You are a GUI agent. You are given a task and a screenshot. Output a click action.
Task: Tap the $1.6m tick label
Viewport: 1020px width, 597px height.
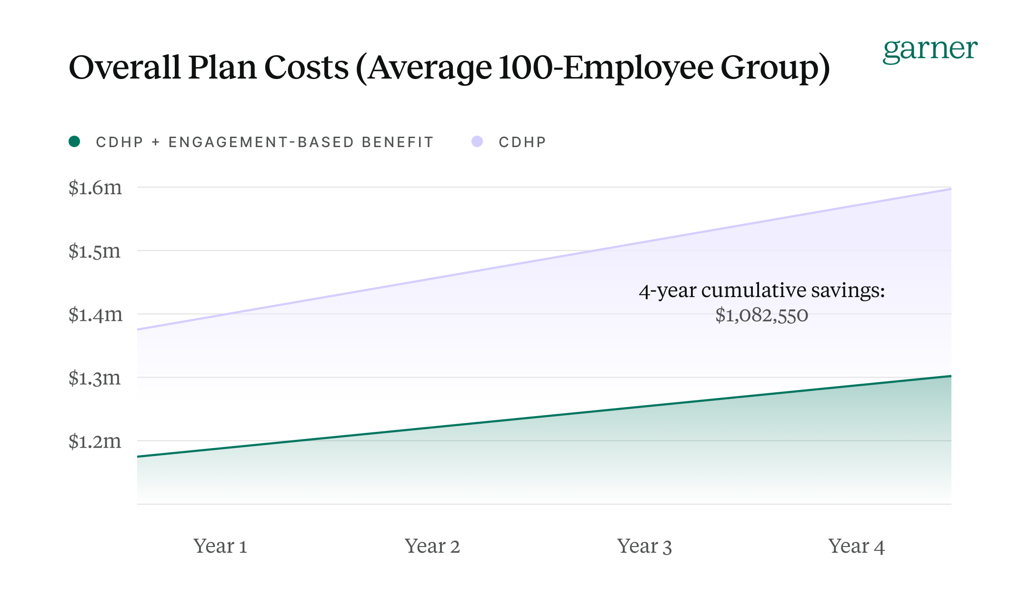95,188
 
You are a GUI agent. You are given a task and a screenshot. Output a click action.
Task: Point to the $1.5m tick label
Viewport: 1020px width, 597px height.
94,251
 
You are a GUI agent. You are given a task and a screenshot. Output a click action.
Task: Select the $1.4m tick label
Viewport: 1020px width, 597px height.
95,314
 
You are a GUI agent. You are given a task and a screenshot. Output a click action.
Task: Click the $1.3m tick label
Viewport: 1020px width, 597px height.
94,378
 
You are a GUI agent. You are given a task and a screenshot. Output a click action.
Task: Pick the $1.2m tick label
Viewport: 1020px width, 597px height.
95,441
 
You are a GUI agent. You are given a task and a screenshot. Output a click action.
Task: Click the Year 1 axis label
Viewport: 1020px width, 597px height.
220,546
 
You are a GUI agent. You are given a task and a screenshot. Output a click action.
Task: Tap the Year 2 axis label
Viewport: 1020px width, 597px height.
432,546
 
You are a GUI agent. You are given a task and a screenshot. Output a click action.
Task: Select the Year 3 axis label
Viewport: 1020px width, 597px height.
644,546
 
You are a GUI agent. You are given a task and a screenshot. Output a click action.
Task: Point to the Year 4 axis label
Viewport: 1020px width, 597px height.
856,546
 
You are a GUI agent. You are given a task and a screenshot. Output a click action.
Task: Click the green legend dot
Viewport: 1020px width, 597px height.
74,141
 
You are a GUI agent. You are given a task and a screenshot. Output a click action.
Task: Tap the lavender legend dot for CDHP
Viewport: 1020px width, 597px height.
477,141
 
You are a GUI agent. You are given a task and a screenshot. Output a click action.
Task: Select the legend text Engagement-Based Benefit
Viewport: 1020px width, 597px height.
300,142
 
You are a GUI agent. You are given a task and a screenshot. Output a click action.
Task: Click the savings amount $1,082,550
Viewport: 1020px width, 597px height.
761,315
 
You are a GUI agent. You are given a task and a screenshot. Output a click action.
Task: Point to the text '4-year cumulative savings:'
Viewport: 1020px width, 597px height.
761,290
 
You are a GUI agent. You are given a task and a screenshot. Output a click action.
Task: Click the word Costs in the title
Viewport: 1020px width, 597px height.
306,67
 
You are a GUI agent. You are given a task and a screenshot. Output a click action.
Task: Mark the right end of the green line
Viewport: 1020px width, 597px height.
950,376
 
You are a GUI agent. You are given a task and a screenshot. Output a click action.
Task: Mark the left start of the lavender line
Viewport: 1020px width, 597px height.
138,329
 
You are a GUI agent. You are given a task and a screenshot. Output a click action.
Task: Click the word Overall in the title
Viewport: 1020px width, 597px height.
124,67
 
